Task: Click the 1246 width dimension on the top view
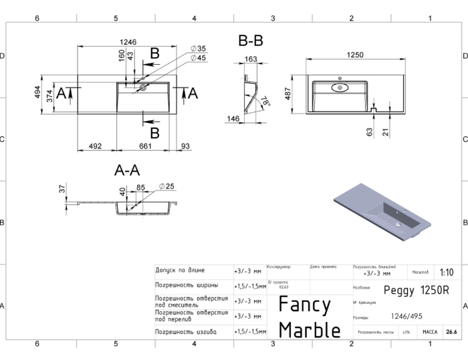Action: tap(128, 42)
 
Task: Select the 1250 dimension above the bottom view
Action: tap(354, 55)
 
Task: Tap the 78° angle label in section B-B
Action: tap(266, 102)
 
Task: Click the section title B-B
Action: tap(251, 41)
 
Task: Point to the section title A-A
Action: tap(127, 171)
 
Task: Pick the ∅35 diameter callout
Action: tap(198, 48)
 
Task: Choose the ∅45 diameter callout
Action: tap(198, 58)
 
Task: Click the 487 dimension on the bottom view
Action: tap(287, 94)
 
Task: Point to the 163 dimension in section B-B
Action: tap(250, 59)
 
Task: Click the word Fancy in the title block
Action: tap(304, 305)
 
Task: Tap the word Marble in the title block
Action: tap(309, 329)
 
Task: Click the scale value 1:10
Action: tap(446, 273)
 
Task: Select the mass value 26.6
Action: tap(451, 331)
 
